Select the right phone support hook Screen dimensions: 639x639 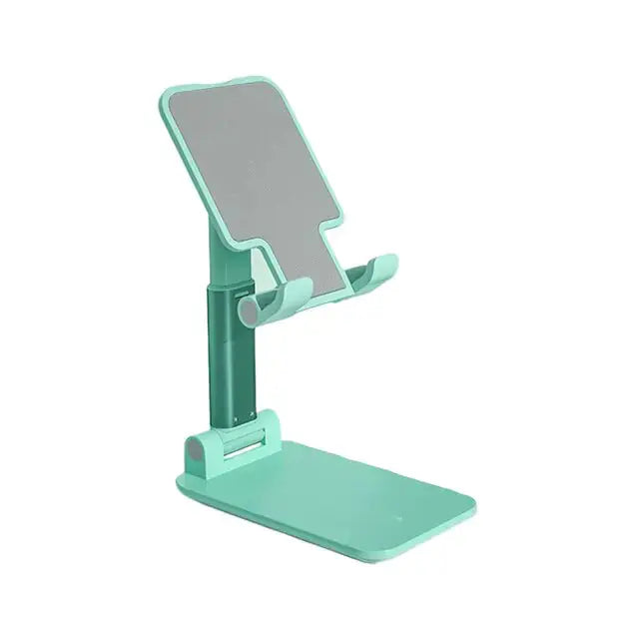click(369, 274)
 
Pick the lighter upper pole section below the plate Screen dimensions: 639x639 click(222, 255)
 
